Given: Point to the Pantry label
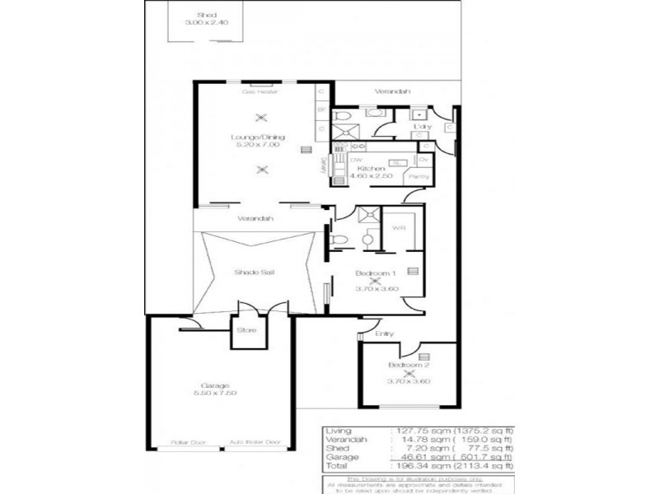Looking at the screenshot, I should (x=418, y=177).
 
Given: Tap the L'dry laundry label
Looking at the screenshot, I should (x=423, y=126).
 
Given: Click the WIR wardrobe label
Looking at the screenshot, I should (x=396, y=228).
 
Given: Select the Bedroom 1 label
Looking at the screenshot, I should (x=376, y=272).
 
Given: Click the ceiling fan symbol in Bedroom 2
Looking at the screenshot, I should (x=409, y=372).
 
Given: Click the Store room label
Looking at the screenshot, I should (x=246, y=330).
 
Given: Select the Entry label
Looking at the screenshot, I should (x=385, y=333).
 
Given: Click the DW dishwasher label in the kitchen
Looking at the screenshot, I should (x=356, y=159).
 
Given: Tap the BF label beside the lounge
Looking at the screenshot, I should (x=321, y=108).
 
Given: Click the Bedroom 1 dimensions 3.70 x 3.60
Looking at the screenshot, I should (x=376, y=289).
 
